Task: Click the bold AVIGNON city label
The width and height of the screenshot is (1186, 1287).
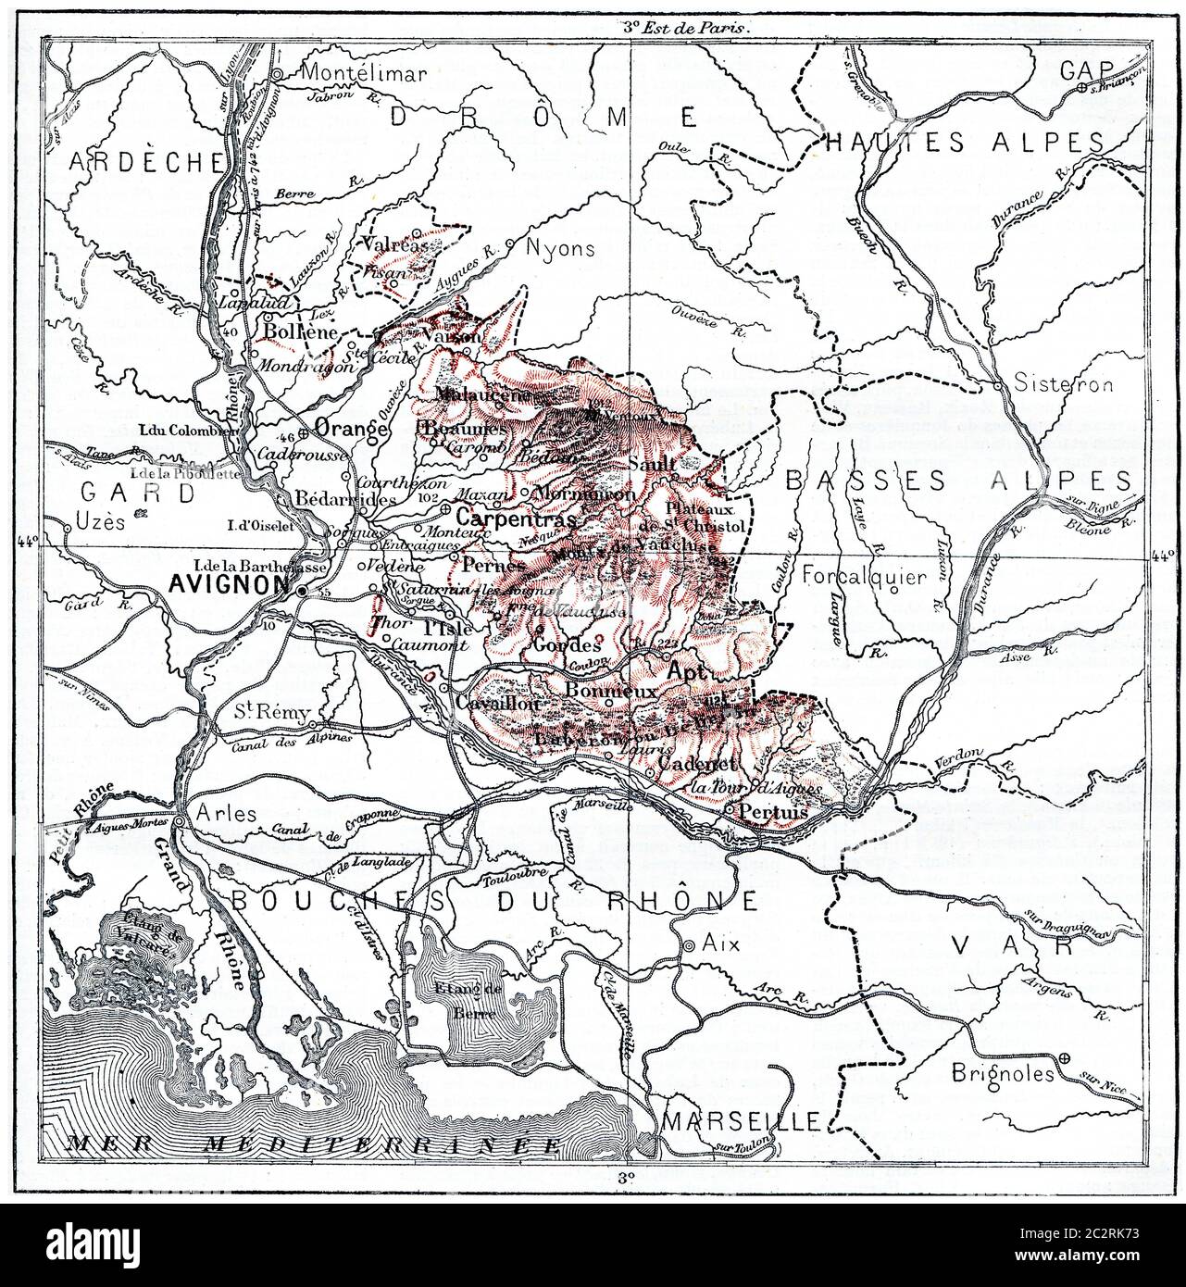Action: point(237,584)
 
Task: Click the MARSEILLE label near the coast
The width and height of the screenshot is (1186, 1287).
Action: point(741,1121)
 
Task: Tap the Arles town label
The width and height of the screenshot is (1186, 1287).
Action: point(213,815)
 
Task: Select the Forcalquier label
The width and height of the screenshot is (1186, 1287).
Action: point(864,577)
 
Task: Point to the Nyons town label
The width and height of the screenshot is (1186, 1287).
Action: point(560,249)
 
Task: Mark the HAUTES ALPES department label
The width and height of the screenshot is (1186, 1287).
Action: point(963,143)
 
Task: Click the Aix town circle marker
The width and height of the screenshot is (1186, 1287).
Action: point(688,945)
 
